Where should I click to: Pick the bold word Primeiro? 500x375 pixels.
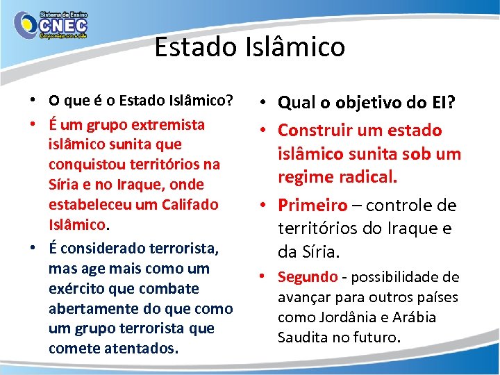tap(312, 206)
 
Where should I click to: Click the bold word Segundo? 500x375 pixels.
tap(308, 277)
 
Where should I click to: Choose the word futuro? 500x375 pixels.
tap(379, 337)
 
